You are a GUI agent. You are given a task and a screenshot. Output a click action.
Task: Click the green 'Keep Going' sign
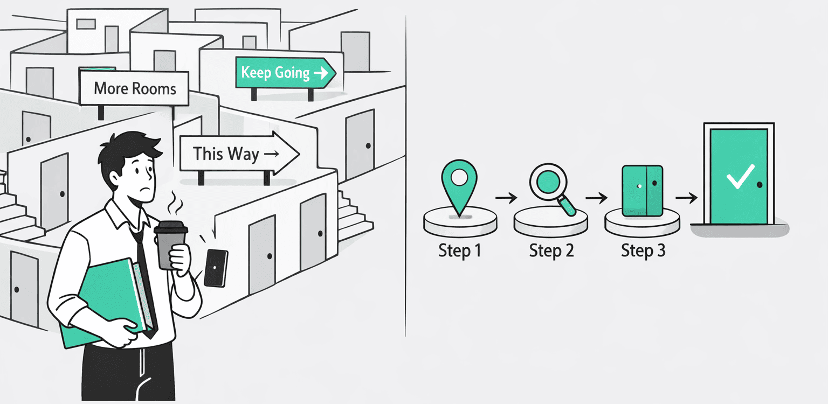(285, 73)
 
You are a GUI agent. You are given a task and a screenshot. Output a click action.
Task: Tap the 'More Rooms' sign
(134, 88)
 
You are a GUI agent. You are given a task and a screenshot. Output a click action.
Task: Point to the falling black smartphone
(216, 268)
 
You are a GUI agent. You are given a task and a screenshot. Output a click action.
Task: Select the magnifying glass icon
(552, 189)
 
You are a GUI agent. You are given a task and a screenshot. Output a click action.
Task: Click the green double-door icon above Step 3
(642, 191)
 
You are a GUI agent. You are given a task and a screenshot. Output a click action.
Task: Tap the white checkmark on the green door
(740, 177)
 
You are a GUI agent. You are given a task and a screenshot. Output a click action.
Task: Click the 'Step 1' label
(460, 250)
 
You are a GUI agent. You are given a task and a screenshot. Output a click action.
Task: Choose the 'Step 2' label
(551, 250)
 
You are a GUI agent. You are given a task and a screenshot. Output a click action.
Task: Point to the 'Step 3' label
(643, 250)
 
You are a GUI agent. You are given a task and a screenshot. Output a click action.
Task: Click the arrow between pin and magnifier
(506, 198)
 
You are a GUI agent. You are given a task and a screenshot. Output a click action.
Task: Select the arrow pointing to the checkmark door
(686, 198)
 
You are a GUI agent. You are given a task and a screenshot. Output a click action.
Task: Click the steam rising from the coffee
(175, 203)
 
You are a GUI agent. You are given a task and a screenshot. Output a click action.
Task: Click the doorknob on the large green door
(760, 185)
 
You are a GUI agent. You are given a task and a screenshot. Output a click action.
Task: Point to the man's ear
(115, 178)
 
